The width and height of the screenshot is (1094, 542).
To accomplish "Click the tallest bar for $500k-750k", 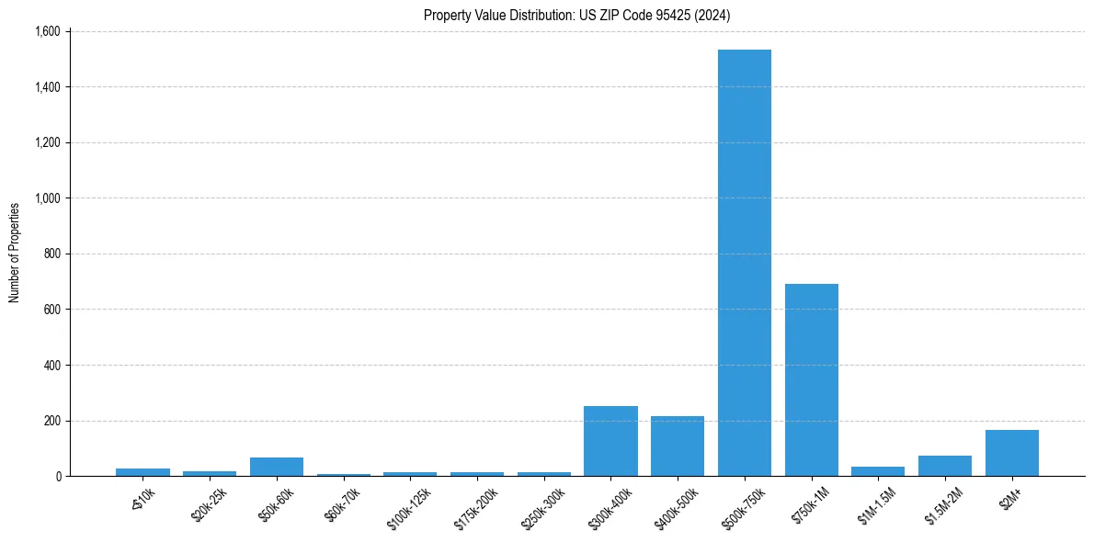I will (x=744, y=263).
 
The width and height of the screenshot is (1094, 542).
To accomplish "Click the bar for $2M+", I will (x=1011, y=453).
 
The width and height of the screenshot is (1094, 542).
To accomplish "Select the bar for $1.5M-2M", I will (x=944, y=466).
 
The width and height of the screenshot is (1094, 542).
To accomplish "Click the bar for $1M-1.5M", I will (x=878, y=471).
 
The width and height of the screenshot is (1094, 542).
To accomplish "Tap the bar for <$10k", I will (x=142, y=472).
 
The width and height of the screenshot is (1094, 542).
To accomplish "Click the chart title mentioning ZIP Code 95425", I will (x=576, y=15).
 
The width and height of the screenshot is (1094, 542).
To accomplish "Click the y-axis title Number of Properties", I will (x=15, y=253).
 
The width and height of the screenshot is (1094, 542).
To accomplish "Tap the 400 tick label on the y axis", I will (x=51, y=366).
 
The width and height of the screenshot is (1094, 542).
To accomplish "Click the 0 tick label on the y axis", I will (x=57, y=477).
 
